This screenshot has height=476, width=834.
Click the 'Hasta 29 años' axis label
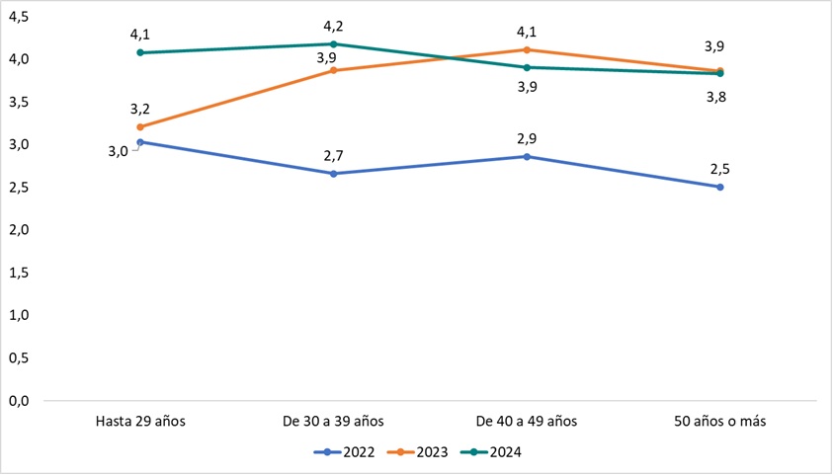(140, 421)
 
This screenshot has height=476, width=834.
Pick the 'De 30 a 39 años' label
(333, 421)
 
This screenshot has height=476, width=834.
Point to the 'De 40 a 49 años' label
(527, 421)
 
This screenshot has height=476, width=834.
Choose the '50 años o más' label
(719, 421)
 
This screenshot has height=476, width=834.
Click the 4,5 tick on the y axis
(19, 17)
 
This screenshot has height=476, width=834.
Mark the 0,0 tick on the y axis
(19, 401)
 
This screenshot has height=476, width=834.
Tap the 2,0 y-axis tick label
(19, 230)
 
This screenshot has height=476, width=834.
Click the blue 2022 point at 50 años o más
(720, 187)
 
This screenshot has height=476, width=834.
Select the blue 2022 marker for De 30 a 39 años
(334, 174)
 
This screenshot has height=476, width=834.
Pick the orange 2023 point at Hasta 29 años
(140, 127)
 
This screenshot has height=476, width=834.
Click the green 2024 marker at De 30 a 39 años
(334, 43)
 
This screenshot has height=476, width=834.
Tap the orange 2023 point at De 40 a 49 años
(527, 49)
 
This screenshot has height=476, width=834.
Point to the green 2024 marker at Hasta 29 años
(140, 52)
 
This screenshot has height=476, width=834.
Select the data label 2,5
(720, 169)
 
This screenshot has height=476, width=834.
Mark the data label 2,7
(333, 155)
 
